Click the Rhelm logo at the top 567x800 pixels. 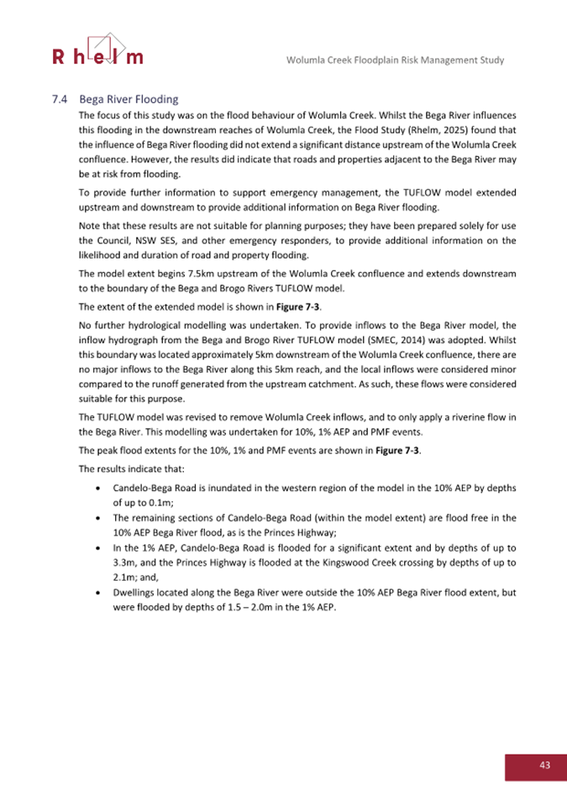tap(97, 51)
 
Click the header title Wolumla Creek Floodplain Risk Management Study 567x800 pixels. tap(395, 60)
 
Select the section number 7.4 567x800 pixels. tap(58, 100)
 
